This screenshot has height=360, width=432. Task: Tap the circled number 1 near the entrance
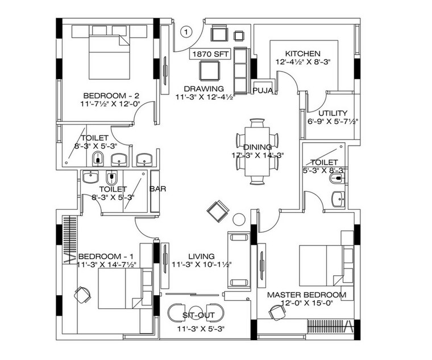[186, 32]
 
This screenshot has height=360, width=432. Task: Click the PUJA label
[262, 90]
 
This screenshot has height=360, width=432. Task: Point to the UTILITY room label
[332, 113]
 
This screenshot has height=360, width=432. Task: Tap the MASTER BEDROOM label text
[306, 295]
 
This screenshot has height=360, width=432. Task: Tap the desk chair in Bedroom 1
[82, 295]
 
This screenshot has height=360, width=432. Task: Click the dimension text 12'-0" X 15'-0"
[307, 304]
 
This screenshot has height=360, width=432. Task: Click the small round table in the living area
[239, 218]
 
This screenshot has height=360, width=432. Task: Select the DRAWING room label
[203, 89]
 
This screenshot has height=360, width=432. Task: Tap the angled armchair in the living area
[218, 212]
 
